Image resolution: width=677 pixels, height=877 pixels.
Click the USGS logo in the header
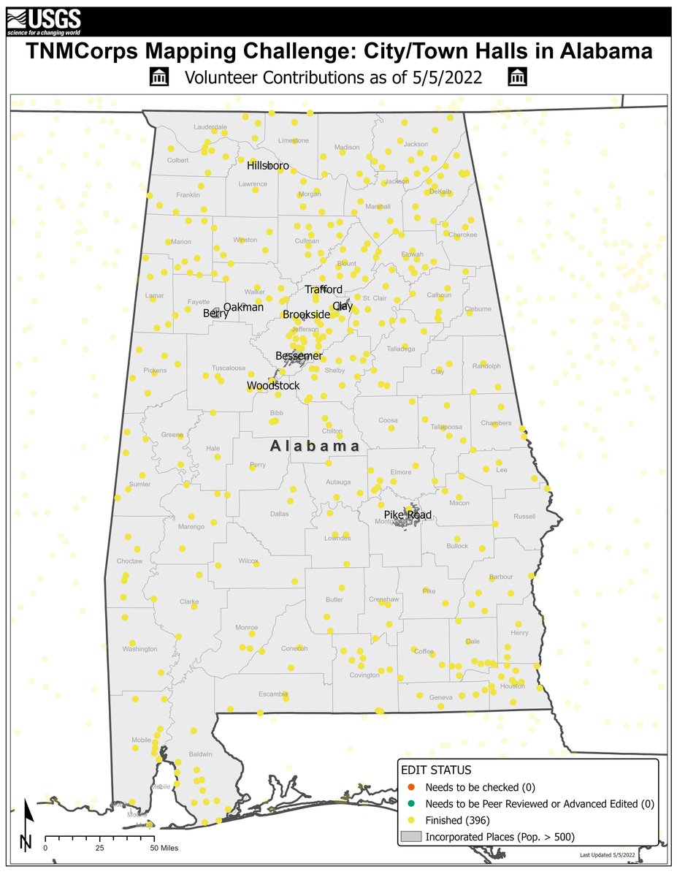point(44,21)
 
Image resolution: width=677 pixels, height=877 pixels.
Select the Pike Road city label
point(408,515)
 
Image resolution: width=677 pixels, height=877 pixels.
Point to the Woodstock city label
point(273,385)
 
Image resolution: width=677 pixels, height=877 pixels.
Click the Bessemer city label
point(299,356)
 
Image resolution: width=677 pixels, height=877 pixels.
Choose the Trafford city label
point(324,289)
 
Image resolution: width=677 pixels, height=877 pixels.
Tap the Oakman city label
point(243,308)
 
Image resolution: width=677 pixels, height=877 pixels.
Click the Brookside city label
point(307,314)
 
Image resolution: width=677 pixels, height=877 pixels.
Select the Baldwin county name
point(200,753)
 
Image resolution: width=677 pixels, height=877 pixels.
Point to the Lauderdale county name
point(210,126)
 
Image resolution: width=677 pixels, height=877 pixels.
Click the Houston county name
point(513,686)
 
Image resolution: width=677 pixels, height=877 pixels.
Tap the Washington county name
point(140,648)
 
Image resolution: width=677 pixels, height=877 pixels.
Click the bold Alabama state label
point(315,446)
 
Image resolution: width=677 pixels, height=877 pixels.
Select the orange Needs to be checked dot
point(410,787)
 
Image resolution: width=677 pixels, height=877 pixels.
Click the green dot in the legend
point(410,803)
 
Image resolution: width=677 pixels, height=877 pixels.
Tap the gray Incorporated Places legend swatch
point(410,835)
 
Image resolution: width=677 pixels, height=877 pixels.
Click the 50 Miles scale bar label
point(164,848)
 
